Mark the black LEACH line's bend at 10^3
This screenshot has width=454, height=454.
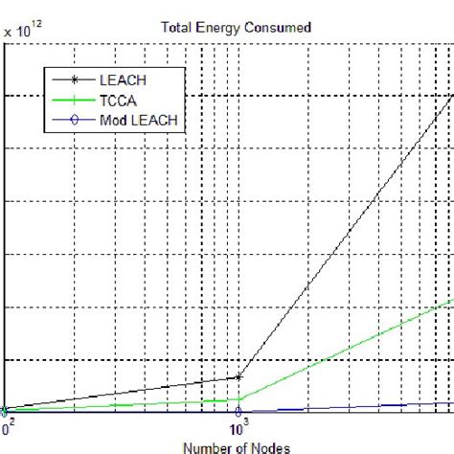pos(237,376)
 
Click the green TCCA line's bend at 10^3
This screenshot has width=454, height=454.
pos(237,399)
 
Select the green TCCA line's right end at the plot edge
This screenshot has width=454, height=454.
pos(452,300)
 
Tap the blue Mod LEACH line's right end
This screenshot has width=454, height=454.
pos(451,403)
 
